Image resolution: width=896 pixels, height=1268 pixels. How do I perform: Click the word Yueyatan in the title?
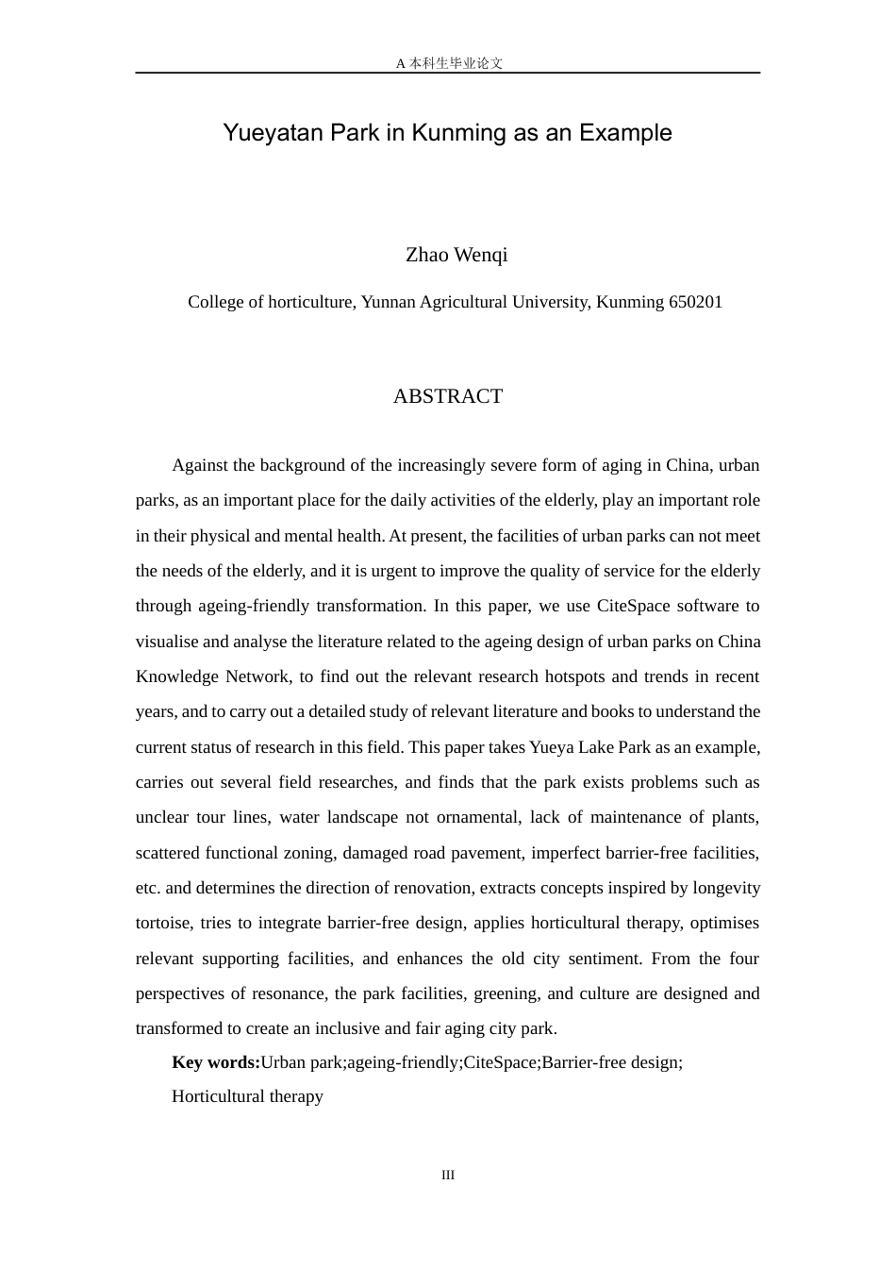tap(266, 133)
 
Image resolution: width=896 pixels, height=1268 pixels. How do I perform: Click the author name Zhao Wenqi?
tap(456, 255)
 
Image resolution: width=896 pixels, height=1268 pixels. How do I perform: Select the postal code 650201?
tap(695, 302)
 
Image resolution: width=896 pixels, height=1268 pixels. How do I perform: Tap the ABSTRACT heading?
tap(448, 396)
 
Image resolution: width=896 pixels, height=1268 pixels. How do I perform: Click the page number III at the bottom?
tap(448, 1175)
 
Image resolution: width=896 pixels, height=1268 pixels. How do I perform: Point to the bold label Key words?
tap(216, 1062)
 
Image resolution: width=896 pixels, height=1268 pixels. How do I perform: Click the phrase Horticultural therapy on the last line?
tap(247, 1096)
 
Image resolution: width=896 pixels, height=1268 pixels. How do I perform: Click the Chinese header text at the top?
tap(449, 63)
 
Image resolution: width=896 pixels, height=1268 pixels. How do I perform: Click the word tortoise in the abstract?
tap(164, 923)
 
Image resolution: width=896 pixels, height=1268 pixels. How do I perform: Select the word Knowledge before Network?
tap(176, 676)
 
